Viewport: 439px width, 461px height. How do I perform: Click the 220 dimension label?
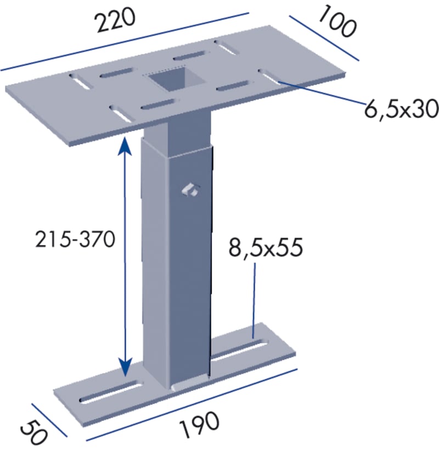[115, 20]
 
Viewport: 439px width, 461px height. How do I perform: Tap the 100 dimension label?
[337, 22]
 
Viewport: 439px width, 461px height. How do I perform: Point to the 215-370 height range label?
[75, 239]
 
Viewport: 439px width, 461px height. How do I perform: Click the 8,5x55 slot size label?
[266, 247]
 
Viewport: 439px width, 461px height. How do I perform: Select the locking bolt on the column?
[190, 190]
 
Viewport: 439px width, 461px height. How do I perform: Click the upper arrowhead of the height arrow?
[125, 145]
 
